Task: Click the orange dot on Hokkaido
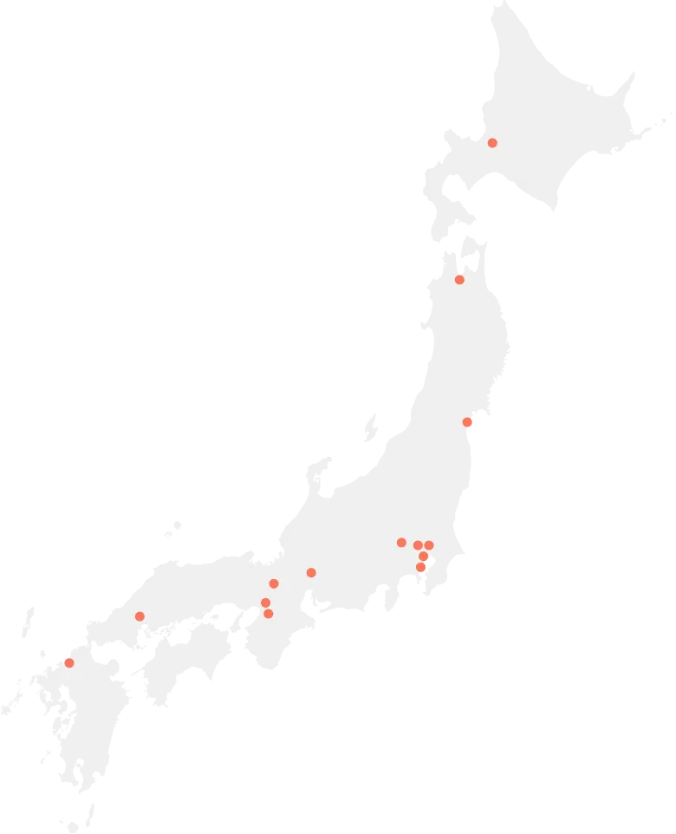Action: (492, 143)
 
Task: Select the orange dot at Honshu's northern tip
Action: (459, 279)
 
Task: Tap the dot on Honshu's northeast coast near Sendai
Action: (467, 422)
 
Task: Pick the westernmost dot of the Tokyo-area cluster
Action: (401, 543)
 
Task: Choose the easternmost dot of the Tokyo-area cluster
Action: (429, 545)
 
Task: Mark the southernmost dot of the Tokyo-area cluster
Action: (420, 567)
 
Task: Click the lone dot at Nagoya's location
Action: (311, 572)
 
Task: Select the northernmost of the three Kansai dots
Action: (274, 583)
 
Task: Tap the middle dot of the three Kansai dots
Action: (265, 603)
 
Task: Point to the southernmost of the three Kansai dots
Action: (269, 614)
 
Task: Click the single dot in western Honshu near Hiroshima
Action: (140, 616)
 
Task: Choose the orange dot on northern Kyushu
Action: (69, 663)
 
